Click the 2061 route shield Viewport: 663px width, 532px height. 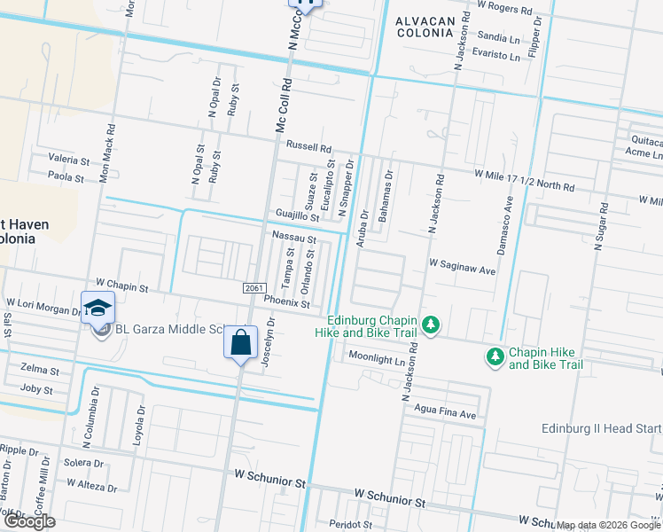[253, 289]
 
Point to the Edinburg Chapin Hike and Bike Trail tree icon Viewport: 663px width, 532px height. [431, 325]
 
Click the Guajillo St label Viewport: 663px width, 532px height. [297, 216]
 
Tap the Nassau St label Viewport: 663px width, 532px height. [294, 238]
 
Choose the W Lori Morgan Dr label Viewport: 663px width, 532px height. [44, 303]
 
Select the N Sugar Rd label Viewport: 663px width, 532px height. [602, 226]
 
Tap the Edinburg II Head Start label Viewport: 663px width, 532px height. [602, 428]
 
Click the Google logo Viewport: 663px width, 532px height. [30, 522]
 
